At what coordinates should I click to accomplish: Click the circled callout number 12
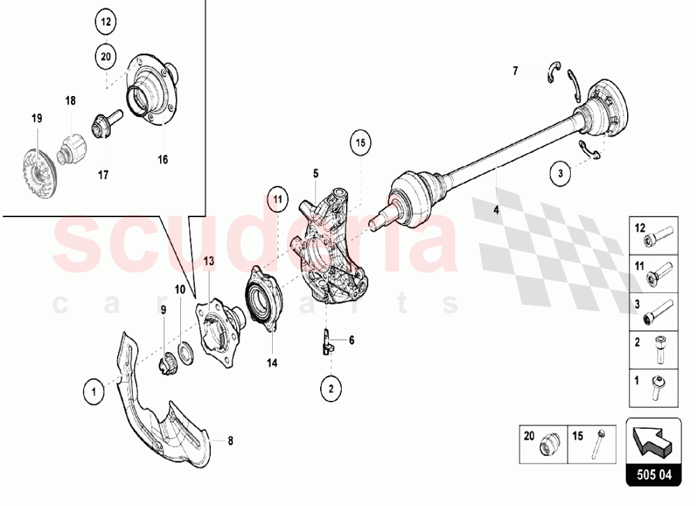point(106,22)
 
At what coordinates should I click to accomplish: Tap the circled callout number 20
point(106,57)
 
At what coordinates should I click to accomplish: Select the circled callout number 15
point(360,144)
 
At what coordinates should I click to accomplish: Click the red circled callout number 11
point(278,200)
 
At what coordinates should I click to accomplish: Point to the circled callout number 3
point(559,173)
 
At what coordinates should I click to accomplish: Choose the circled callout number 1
point(93,391)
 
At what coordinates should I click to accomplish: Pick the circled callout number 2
point(331,388)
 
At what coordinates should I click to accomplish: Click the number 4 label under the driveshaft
point(497,208)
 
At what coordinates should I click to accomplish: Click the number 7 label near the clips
point(516,70)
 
